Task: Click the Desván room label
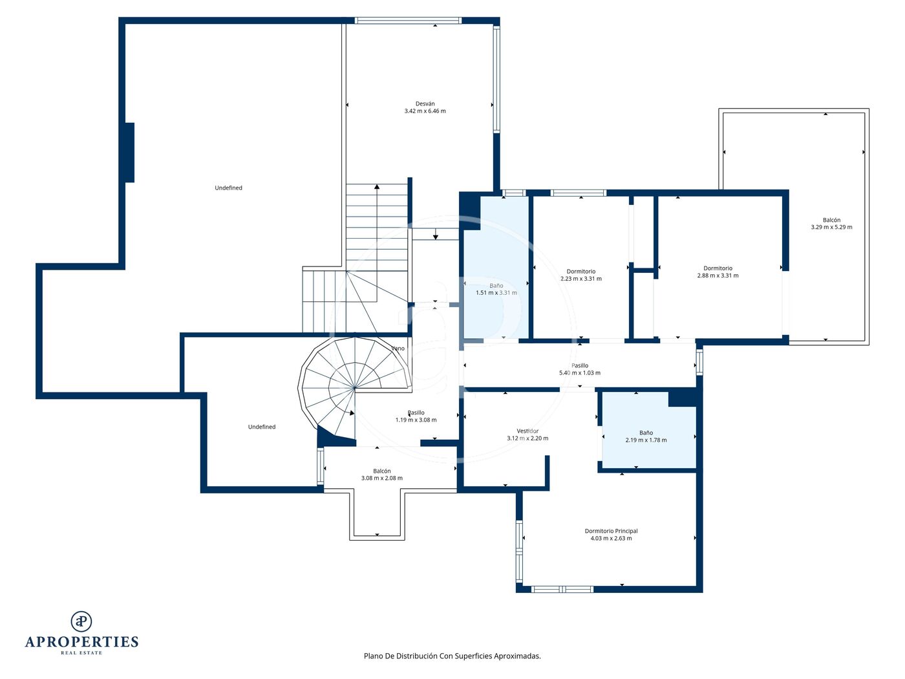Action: tap(425, 104)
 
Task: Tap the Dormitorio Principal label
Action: tap(611, 531)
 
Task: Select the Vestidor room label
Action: tap(527, 431)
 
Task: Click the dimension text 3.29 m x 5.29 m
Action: tap(831, 227)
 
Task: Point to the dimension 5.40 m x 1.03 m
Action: tap(579, 372)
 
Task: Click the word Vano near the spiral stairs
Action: tap(398, 349)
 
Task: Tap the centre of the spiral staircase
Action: tap(355, 388)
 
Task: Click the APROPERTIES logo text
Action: tap(81, 642)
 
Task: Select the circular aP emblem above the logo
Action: tap(81, 621)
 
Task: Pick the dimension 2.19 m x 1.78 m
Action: tap(646, 440)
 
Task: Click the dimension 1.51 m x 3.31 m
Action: tap(496, 293)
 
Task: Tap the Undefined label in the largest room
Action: tap(228, 188)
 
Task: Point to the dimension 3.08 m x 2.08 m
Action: tap(382, 479)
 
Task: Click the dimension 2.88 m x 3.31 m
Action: tap(718, 275)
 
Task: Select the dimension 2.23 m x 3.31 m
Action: tap(581, 279)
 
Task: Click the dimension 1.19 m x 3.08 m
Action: tap(416, 420)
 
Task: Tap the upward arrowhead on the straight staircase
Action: tap(377, 187)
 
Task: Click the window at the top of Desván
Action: tap(408, 21)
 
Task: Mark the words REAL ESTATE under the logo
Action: tap(81, 653)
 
